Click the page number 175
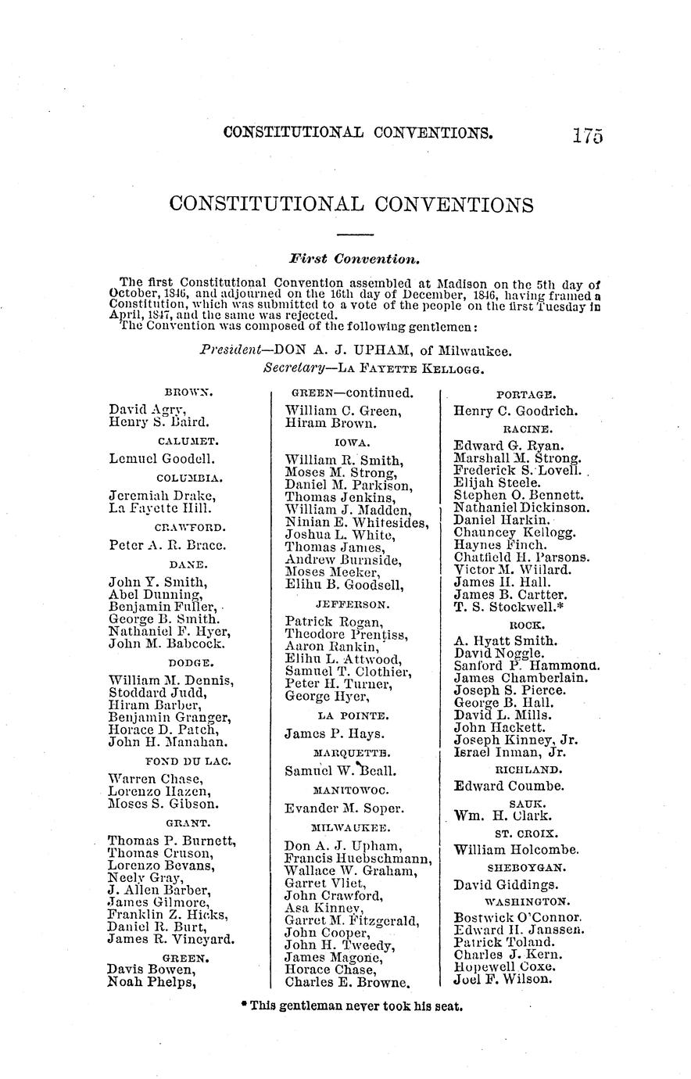pyautogui.click(x=587, y=134)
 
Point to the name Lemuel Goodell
pyautogui.click(x=162, y=459)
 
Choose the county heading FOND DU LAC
pyautogui.click(x=188, y=760)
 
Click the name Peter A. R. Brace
pyautogui.click(x=167, y=545)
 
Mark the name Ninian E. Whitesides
pyautogui.click(x=356, y=522)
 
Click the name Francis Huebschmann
pyautogui.click(x=356, y=859)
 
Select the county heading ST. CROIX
pyautogui.click(x=527, y=833)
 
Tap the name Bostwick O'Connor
pyautogui.click(x=517, y=916)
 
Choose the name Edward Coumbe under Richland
pyautogui.click(x=509, y=787)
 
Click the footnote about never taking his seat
pyautogui.click(x=353, y=1006)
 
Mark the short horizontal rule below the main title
pyautogui.click(x=356, y=235)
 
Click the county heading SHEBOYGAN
pyautogui.click(x=527, y=868)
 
